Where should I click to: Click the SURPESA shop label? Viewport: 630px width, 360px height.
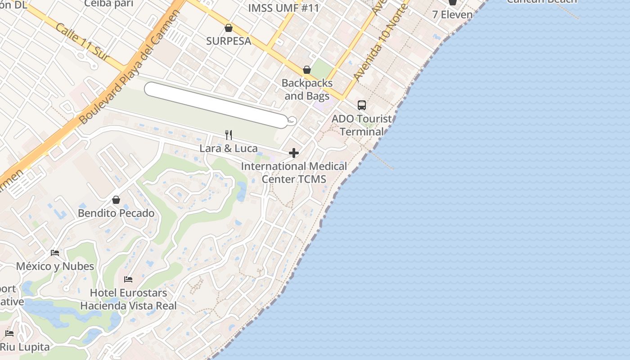[x=229, y=41]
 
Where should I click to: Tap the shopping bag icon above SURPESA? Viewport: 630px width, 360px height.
[x=229, y=28]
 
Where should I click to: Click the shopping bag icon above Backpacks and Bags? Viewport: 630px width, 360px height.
[x=307, y=70]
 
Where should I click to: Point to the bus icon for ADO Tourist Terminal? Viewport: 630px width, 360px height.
[x=362, y=105]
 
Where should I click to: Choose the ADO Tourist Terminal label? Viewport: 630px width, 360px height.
[x=362, y=125]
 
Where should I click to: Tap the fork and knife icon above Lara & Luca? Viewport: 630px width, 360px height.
[x=229, y=135]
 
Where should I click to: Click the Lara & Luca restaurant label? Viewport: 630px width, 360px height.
[x=229, y=148]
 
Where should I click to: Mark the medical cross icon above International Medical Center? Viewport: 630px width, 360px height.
[x=294, y=153]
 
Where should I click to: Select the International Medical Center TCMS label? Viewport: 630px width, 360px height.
[x=294, y=172]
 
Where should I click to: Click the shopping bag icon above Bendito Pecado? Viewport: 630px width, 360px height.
[x=116, y=199]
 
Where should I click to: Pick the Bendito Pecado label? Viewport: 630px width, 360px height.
[x=116, y=213]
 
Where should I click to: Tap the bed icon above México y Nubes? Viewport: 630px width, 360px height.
[x=55, y=253]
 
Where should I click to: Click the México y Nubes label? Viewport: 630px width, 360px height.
[x=55, y=266]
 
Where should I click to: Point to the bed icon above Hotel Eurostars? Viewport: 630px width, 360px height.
[x=128, y=279]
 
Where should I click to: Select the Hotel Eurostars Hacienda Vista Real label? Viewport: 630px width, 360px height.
[x=128, y=299]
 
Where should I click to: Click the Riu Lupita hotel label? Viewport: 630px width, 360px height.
[x=24, y=347]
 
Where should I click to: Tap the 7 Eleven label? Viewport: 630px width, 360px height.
[x=452, y=14]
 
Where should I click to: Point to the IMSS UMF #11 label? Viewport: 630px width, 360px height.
[x=283, y=8]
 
